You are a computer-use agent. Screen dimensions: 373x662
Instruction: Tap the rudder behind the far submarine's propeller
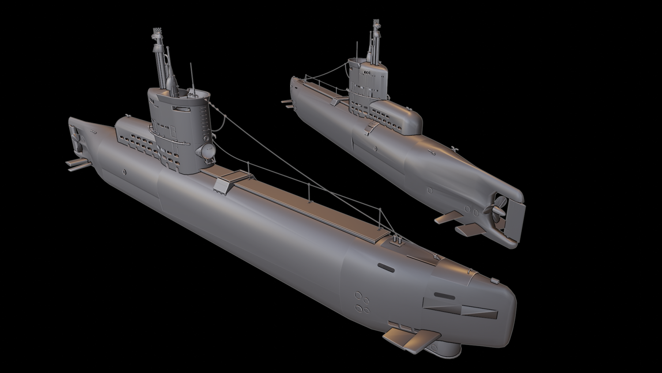515,221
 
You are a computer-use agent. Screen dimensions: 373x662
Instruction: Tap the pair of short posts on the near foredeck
397,240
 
